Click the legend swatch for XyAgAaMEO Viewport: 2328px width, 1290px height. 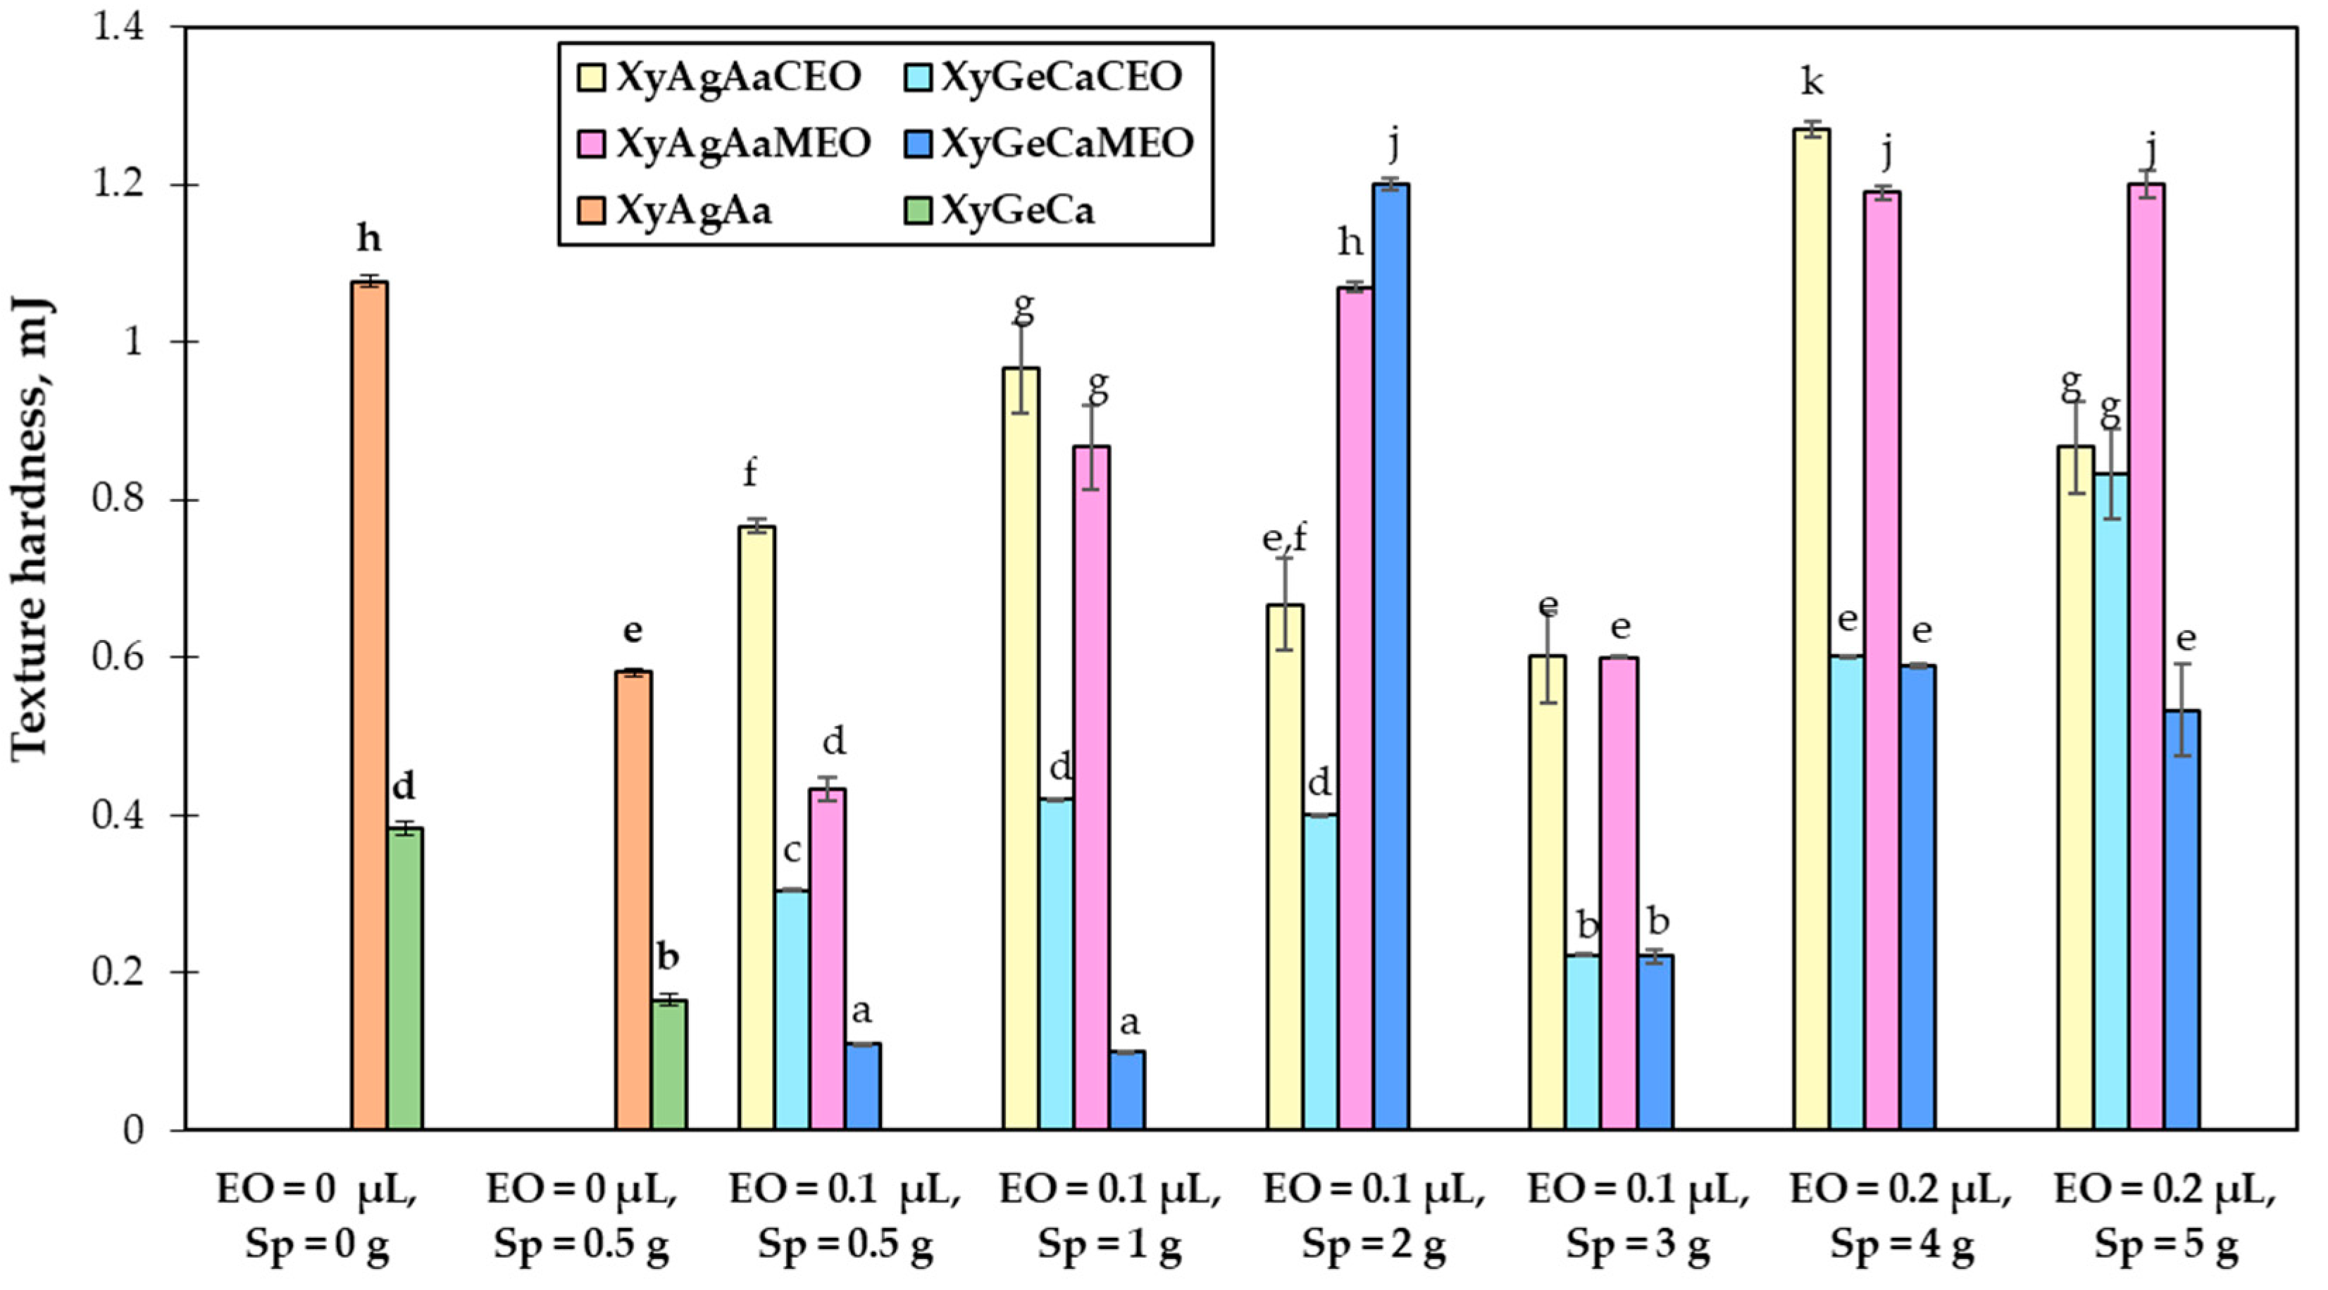point(590,144)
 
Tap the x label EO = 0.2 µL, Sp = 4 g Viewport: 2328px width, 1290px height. point(1900,1217)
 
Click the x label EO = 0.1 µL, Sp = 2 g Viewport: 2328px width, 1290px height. point(1373,1217)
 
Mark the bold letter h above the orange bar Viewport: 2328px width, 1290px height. point(368,239)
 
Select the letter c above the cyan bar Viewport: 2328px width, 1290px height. point(792,851)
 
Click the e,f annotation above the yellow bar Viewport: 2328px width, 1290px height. point(1284,539)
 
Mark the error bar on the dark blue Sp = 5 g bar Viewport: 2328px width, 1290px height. point(2181,709)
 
